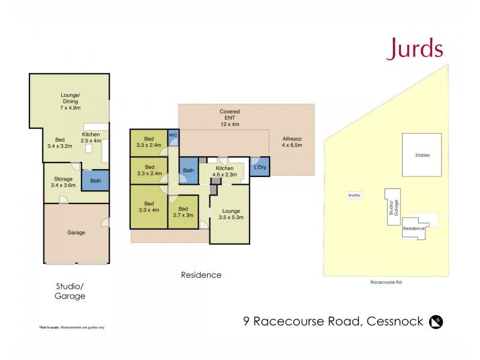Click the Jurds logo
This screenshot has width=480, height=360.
(x=414, y=49)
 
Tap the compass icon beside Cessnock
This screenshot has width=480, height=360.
(x=436, y=322)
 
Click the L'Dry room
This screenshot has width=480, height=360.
(x=260, y=167)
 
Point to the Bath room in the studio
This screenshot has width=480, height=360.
(x=95, y=181)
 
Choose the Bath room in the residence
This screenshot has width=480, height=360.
(x=188, y=171)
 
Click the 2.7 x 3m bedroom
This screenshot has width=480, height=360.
(x=183, y=212)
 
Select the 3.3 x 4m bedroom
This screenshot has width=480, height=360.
(x=149, y=206)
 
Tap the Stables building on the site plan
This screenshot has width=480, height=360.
(x=422, y=155)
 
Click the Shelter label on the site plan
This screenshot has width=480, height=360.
(x=354, y=195)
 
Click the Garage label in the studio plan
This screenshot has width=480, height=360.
(x=76, y=232)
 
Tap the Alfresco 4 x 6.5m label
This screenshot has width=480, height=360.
(x=292, y=142)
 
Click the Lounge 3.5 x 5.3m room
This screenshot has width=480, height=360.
(x=229, y=214)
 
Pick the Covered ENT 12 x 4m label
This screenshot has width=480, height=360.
(x=229, y=118)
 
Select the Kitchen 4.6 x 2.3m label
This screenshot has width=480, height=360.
(x=224, y=171)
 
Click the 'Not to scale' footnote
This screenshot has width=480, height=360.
(x=72, y=327)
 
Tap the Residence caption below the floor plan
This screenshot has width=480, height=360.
(x=201, y=275)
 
